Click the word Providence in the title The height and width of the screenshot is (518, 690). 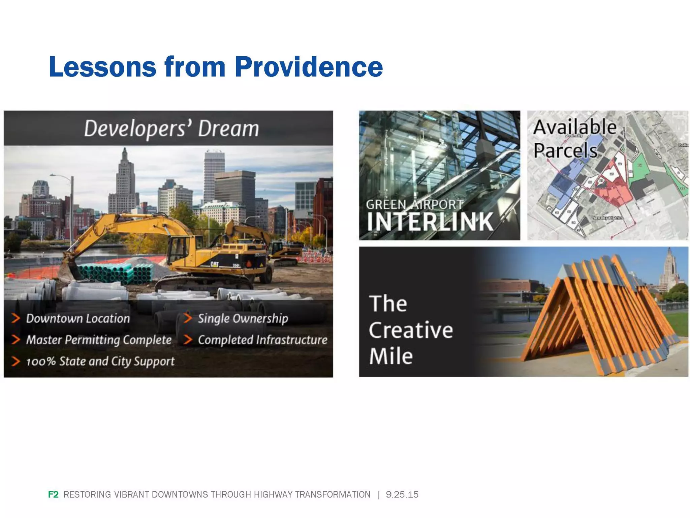click(x=309, y=67)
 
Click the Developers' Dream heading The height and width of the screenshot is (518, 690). click(x=171, y=128)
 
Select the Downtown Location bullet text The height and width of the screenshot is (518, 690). click(x=78, y=318)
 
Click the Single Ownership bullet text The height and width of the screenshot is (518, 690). click(x=243, y=318)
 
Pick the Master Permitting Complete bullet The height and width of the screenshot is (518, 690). click(x=99, y=340)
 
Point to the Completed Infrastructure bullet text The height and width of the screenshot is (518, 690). click(x=262, y=340)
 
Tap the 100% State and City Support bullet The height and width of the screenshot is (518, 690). click(x=100, y=361)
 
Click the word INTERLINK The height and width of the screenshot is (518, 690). click(x=430, y=222)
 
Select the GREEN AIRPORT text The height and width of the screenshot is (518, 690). click(x=414, y=205)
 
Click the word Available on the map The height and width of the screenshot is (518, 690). click(x=575, y=127)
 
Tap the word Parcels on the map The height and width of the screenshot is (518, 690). click(x=565, y=150)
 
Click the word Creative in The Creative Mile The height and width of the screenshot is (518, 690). click(x=411, y=330)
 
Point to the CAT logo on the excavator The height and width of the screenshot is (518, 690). click(x=214, y=264)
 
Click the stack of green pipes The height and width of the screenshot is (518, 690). click(x=116, y=273)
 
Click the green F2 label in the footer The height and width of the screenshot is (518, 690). click(x=53, y=494)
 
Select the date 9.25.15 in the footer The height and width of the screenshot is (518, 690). click(x=402, y=494)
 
